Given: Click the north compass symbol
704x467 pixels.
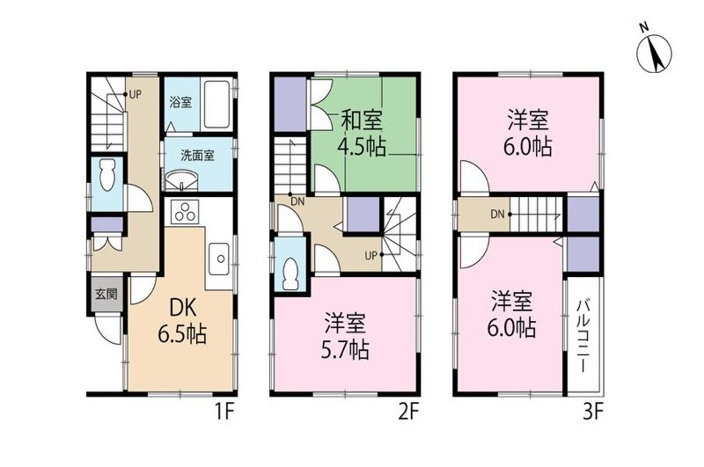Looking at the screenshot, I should tap(652, 50).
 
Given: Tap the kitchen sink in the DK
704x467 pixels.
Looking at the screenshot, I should tap(217, 259).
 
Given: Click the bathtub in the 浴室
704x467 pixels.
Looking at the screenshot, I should tap(216, 105).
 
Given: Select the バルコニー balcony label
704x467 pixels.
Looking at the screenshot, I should tap(583, 335).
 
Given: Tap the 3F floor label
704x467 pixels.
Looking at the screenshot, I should tap(593, 412).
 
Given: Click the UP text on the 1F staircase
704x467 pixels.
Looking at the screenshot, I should tap(136, 92).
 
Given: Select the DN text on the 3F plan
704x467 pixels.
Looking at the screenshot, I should tap(497, 214).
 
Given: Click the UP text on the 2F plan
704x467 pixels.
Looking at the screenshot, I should tap(371, 256).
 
